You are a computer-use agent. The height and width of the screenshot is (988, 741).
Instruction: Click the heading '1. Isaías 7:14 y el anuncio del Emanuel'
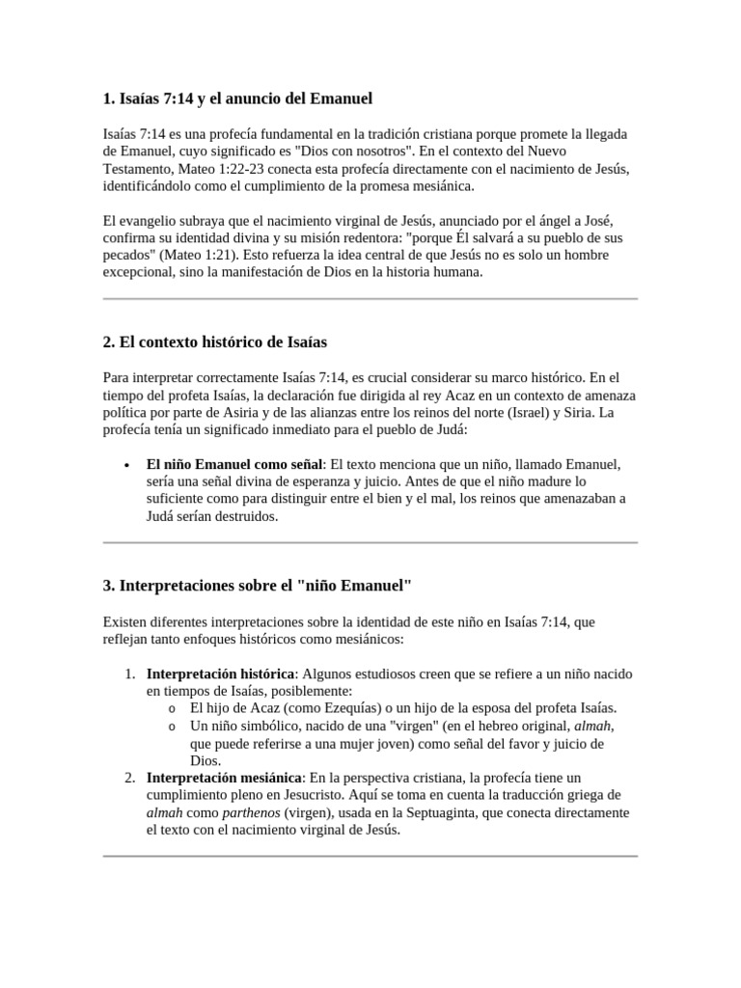[x=237, y=98]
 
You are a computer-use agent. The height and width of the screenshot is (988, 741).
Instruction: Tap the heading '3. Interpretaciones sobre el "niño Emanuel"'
[x=258, y=586]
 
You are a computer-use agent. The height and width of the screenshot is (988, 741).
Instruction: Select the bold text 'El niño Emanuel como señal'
[x=234, y=464]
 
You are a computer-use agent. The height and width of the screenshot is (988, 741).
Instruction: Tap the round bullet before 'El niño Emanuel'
[x=126, y=464]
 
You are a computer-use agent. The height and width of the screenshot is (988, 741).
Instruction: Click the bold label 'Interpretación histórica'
[x=220, y=673]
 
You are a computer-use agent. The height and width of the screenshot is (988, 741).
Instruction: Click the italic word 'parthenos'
[x=251, y=812]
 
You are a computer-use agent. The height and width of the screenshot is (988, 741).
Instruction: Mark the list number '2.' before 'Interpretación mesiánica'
[x=129, y=778]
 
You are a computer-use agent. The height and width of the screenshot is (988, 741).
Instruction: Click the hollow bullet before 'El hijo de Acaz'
[x=171, y=709]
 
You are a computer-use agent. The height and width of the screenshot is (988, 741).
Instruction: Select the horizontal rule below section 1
[x=370, y=299]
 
